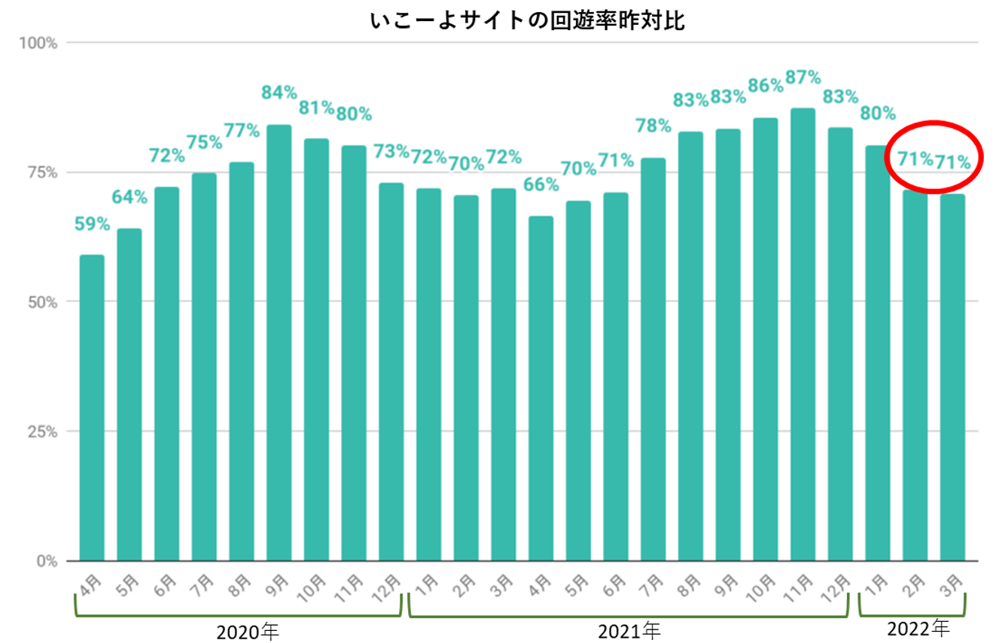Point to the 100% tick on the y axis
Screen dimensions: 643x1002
coord(41,43)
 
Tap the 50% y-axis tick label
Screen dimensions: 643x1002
coord(46,302)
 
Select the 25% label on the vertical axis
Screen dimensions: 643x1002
coord(46,432)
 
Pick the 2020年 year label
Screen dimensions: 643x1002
coord(248,630)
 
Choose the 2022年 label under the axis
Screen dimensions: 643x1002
coord(918,626)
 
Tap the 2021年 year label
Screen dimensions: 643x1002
coord(629,630)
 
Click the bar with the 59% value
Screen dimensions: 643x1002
coord(92,407)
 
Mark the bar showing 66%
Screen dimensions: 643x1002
coord(541,389)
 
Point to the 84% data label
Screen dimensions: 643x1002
coord(279,93)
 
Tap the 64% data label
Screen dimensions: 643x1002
coord(129,197)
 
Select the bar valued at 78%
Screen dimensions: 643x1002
coord(653,359)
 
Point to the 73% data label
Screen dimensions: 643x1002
coord(391,151)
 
